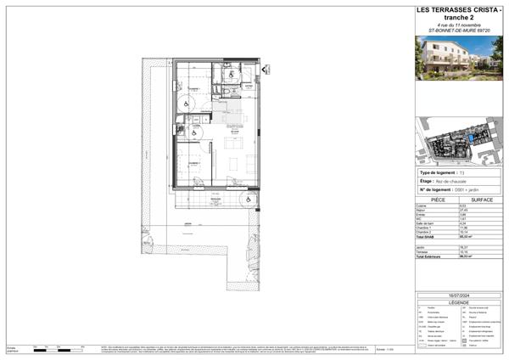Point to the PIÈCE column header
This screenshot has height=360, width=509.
[x=438, y=200]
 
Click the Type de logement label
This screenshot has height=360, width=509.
[x=438, y=172]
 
